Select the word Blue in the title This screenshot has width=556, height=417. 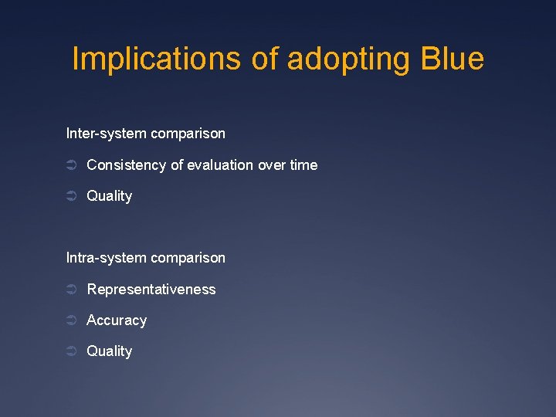pyautogui.click(x=453, y=59)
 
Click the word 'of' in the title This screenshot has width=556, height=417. pyautogui.click(x=266, y=59)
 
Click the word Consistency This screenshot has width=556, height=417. pyautogui.click(x=126, y=165)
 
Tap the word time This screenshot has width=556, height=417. pyautogui.click(x=303, y=165)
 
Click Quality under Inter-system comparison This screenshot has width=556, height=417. pyautogui.click(x=109, y=196)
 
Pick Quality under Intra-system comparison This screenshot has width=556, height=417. pyautogui.click(x=109, y=351)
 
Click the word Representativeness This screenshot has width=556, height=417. pyautogui.click(x=151, y=290)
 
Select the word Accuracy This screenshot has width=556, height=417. pyautogui.click(x=117, y=320)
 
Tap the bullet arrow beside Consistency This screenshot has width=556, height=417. pyautogui.click(x=71, y=165)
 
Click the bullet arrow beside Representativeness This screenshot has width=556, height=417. pyautogui.click(x=71, y=290)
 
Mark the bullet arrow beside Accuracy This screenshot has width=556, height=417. pyautogui.click(x=71, y=320)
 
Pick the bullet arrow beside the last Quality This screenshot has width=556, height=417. pyautogui.click(x=71, y=351)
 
